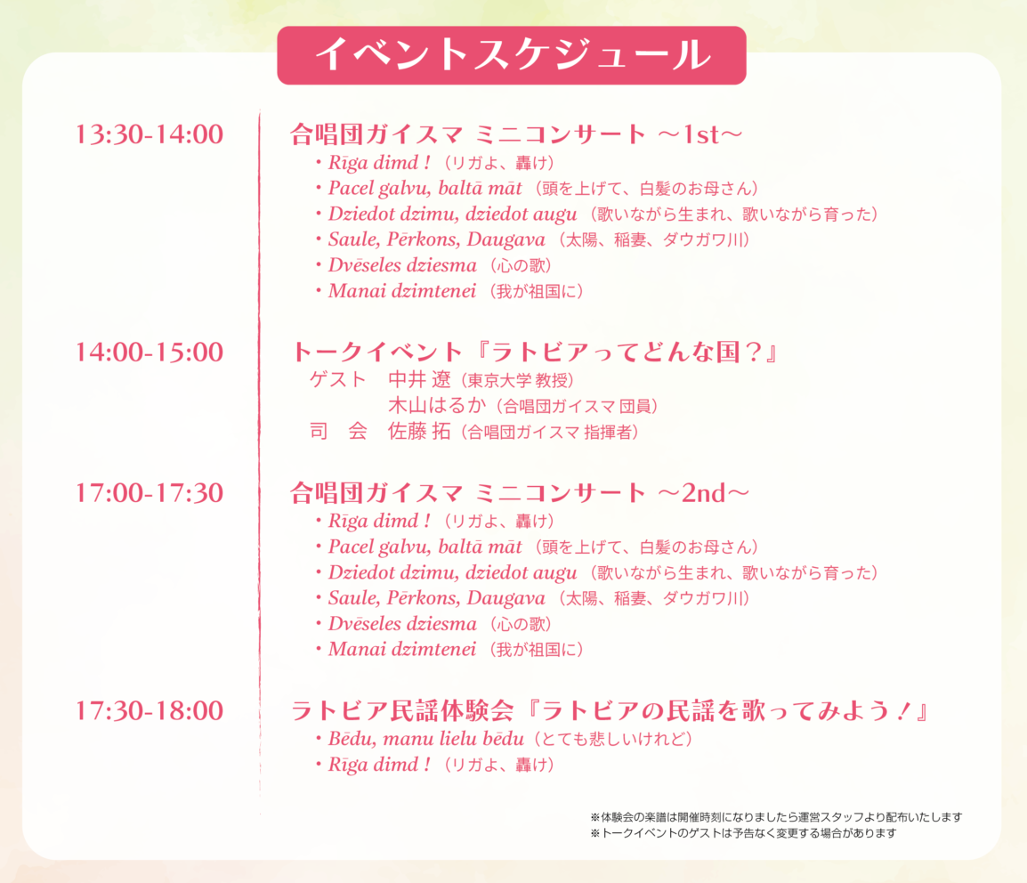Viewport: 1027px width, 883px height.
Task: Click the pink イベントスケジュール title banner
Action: tap(512, 55)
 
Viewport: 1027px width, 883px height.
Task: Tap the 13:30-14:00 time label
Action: tap(150, 134)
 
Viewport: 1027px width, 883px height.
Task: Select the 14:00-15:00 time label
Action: tap(150, 352)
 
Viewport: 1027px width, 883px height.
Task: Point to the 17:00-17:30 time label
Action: tap(150, 493)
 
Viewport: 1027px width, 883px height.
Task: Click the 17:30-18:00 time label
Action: tap(150, 710)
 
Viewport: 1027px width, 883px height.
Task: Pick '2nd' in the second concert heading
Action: tap(704, 493)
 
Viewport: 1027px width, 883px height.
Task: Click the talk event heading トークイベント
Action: tap(377, 352)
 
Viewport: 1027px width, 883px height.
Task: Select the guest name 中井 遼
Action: tap(419, 379)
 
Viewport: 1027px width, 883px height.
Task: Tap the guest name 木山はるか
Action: tap(437, 406)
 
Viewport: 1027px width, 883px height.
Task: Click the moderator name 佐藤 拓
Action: tap(419, 431)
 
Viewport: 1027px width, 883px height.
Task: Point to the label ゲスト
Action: tap(338, 379)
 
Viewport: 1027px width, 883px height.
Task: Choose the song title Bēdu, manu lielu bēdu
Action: tap(426, 739)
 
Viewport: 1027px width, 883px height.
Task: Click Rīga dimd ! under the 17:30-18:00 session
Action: tap(380, 765)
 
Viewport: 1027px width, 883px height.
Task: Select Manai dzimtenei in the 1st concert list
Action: tap(402, 291)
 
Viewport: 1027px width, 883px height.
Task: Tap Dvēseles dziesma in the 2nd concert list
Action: tap(402, 624)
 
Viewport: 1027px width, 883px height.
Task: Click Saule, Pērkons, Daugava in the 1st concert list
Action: tap(437, 239)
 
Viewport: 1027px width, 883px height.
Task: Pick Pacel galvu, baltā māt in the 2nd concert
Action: tap(425, 547)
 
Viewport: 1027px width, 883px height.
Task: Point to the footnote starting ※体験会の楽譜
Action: tap(776, 817)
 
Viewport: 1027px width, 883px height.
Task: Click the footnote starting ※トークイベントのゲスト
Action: tap(743, 833)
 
